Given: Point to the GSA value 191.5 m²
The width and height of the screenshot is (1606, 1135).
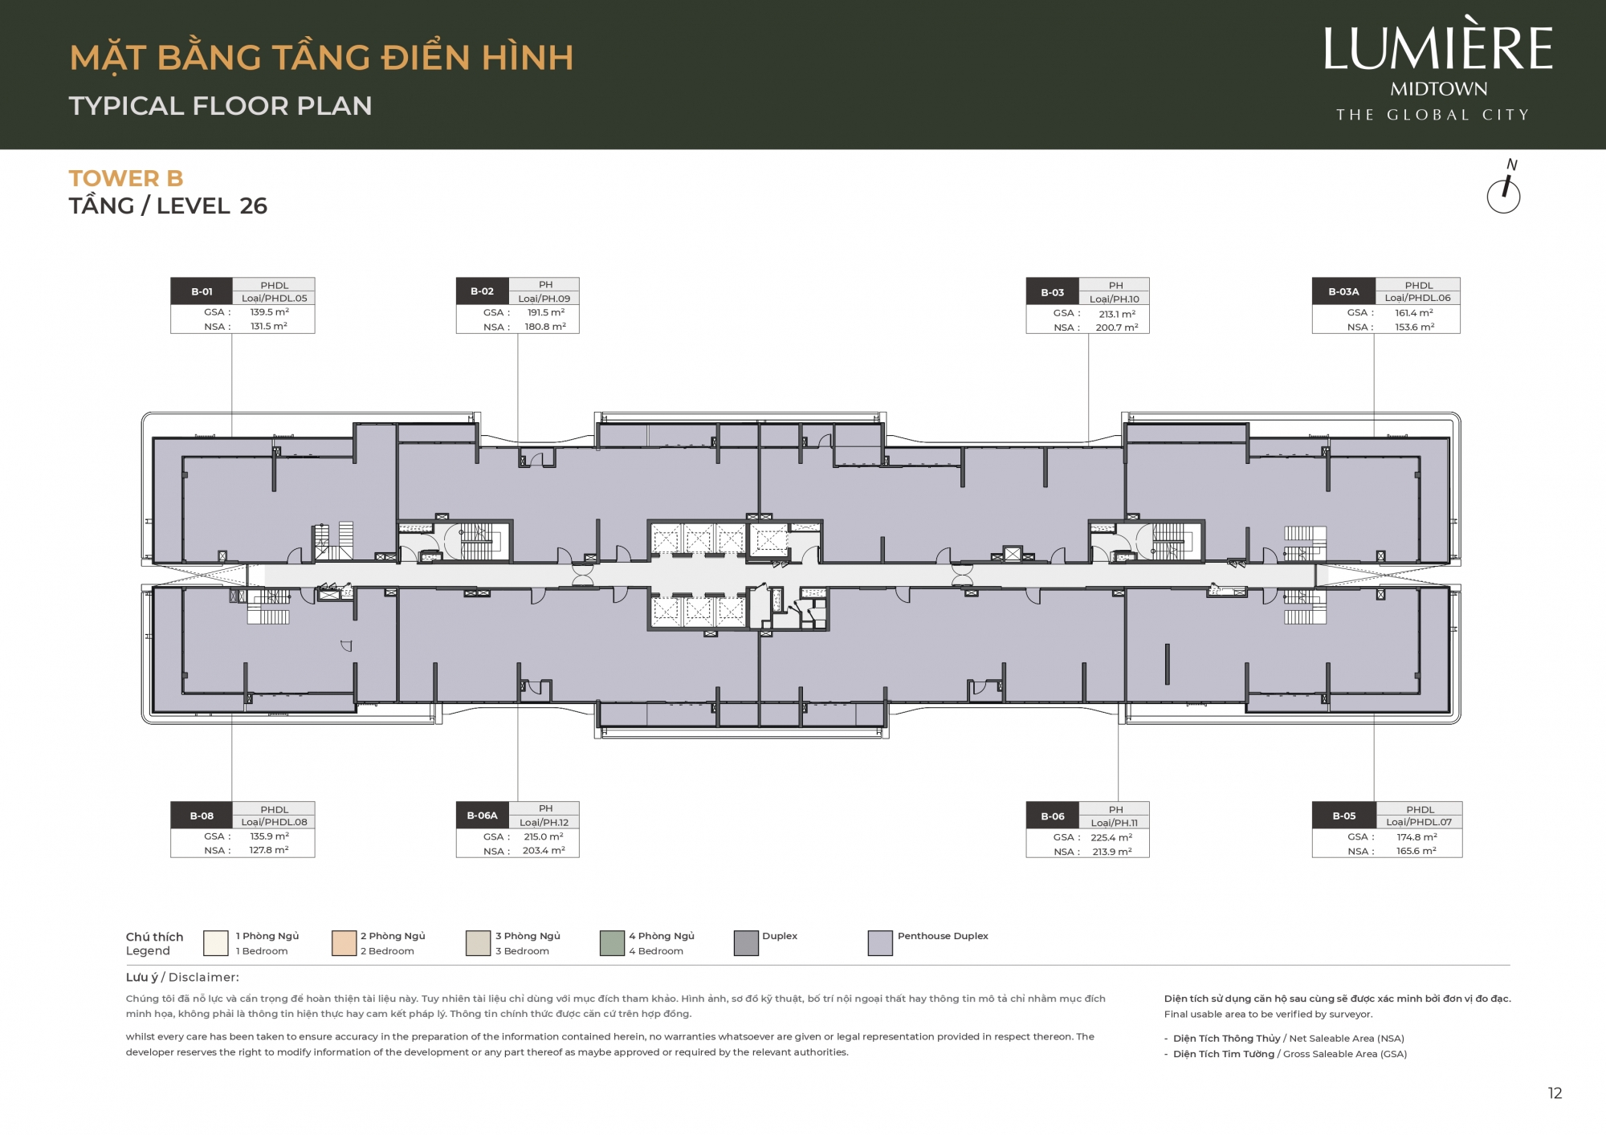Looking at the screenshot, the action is [546, 313].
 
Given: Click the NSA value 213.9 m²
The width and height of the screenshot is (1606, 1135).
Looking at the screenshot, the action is [1112, 852].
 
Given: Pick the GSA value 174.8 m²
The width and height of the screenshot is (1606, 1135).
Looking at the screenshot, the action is [1417, 837].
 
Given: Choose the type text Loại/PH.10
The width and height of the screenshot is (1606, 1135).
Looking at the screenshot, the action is [1115, 299].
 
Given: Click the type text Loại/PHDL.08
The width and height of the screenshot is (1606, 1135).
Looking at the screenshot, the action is [275, 822].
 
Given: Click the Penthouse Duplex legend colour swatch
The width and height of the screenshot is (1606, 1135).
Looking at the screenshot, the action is [880, 943].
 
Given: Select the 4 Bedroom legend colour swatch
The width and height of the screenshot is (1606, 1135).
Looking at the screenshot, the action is [612, 943].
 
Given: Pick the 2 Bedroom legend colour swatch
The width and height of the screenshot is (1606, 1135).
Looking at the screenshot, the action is [344, 943].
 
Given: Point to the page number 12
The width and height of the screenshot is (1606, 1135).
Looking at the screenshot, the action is [1555, 1093].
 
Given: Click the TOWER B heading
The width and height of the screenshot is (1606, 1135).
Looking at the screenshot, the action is [126, 178].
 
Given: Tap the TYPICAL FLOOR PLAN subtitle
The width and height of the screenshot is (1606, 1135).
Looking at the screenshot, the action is [221, 106].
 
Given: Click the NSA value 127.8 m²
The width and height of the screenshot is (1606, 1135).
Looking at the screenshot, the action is [269, 850].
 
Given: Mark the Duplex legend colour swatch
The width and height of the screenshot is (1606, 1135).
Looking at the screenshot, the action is [746, 943].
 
